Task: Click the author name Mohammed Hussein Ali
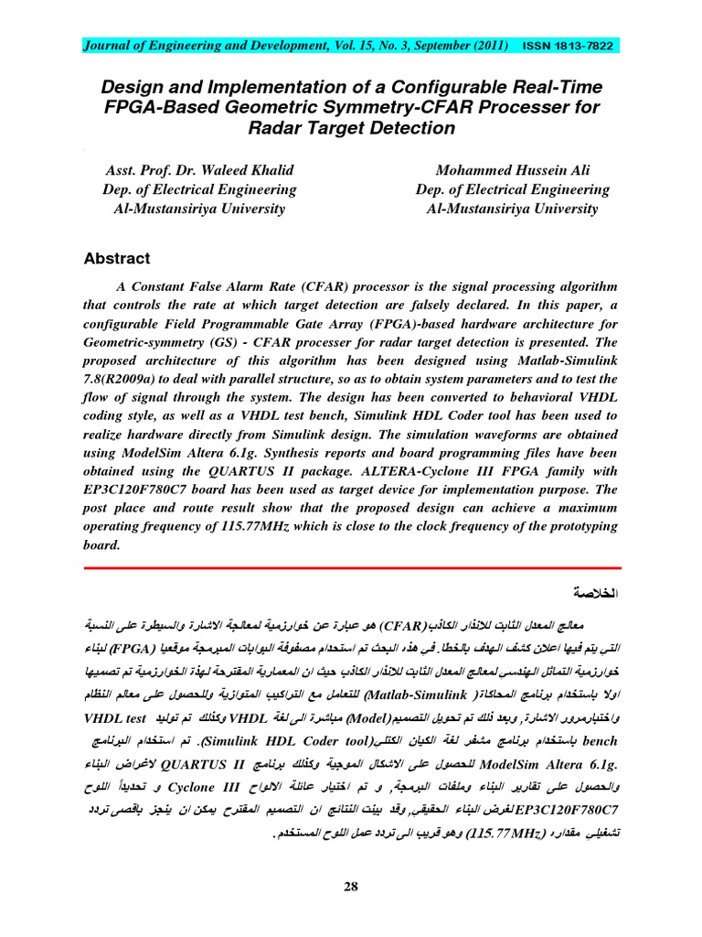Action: click(512, 171)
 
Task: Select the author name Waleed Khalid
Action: click(250, 171)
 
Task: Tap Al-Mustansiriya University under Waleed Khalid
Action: click(199, 209)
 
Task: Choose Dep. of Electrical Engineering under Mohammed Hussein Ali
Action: click(512, 189)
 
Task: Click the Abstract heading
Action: click(117, 259)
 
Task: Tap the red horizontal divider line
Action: click(351, 567)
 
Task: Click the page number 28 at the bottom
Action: click(351, 886)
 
